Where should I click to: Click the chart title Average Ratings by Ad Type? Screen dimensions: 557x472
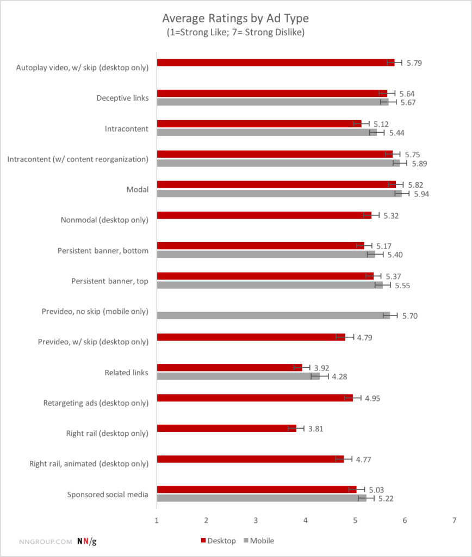235,19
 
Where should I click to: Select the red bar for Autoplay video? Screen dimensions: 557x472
275,63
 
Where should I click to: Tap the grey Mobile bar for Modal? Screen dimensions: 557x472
279,194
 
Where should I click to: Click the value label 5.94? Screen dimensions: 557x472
421,194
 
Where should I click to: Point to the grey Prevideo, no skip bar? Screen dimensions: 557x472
273,315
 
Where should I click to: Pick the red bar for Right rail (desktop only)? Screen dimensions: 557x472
226,429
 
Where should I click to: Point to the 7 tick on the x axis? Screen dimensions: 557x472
454,521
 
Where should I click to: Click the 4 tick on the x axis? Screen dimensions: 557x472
306,521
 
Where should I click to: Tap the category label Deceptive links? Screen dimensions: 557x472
122,98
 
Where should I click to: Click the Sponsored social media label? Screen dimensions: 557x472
108,494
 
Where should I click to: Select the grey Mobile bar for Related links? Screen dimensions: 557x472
238,376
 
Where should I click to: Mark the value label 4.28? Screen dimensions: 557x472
339,376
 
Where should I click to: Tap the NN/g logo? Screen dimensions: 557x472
86,541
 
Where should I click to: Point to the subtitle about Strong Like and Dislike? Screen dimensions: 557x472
235,33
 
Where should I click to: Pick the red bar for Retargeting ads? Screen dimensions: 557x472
254,398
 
